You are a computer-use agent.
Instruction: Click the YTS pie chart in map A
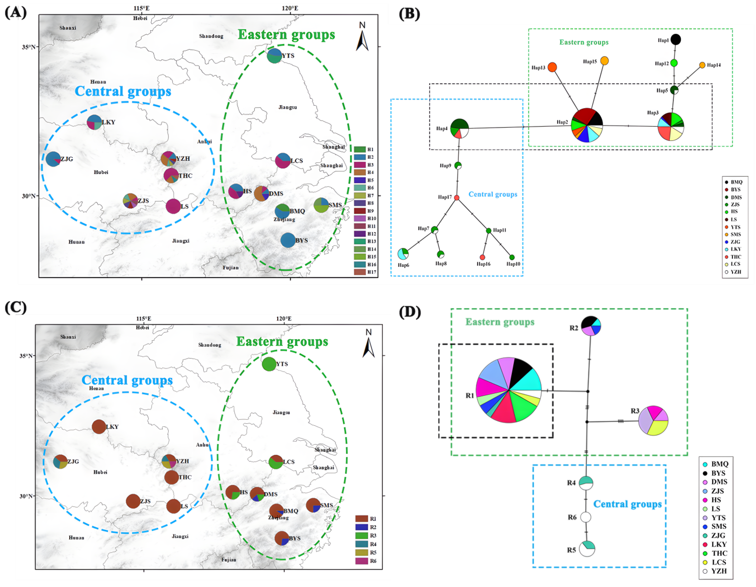275,56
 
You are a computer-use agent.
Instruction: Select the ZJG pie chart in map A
53,159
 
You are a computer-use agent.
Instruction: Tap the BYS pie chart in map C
282,538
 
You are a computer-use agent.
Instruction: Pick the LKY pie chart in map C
99,427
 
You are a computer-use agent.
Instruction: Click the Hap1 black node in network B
676,39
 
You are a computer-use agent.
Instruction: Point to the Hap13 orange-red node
552,67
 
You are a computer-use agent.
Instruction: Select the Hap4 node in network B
459,128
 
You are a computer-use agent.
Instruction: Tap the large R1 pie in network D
509,390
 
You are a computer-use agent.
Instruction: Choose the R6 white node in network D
585,517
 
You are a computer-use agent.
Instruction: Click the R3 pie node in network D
653,421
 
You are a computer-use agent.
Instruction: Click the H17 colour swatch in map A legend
360,272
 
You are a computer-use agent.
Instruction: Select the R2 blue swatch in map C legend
361,527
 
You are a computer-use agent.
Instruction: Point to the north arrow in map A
362,40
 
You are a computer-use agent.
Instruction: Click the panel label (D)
410,312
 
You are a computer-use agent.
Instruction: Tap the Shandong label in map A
211,36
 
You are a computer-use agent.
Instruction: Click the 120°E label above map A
290,8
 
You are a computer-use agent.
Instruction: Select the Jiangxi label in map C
180,536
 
